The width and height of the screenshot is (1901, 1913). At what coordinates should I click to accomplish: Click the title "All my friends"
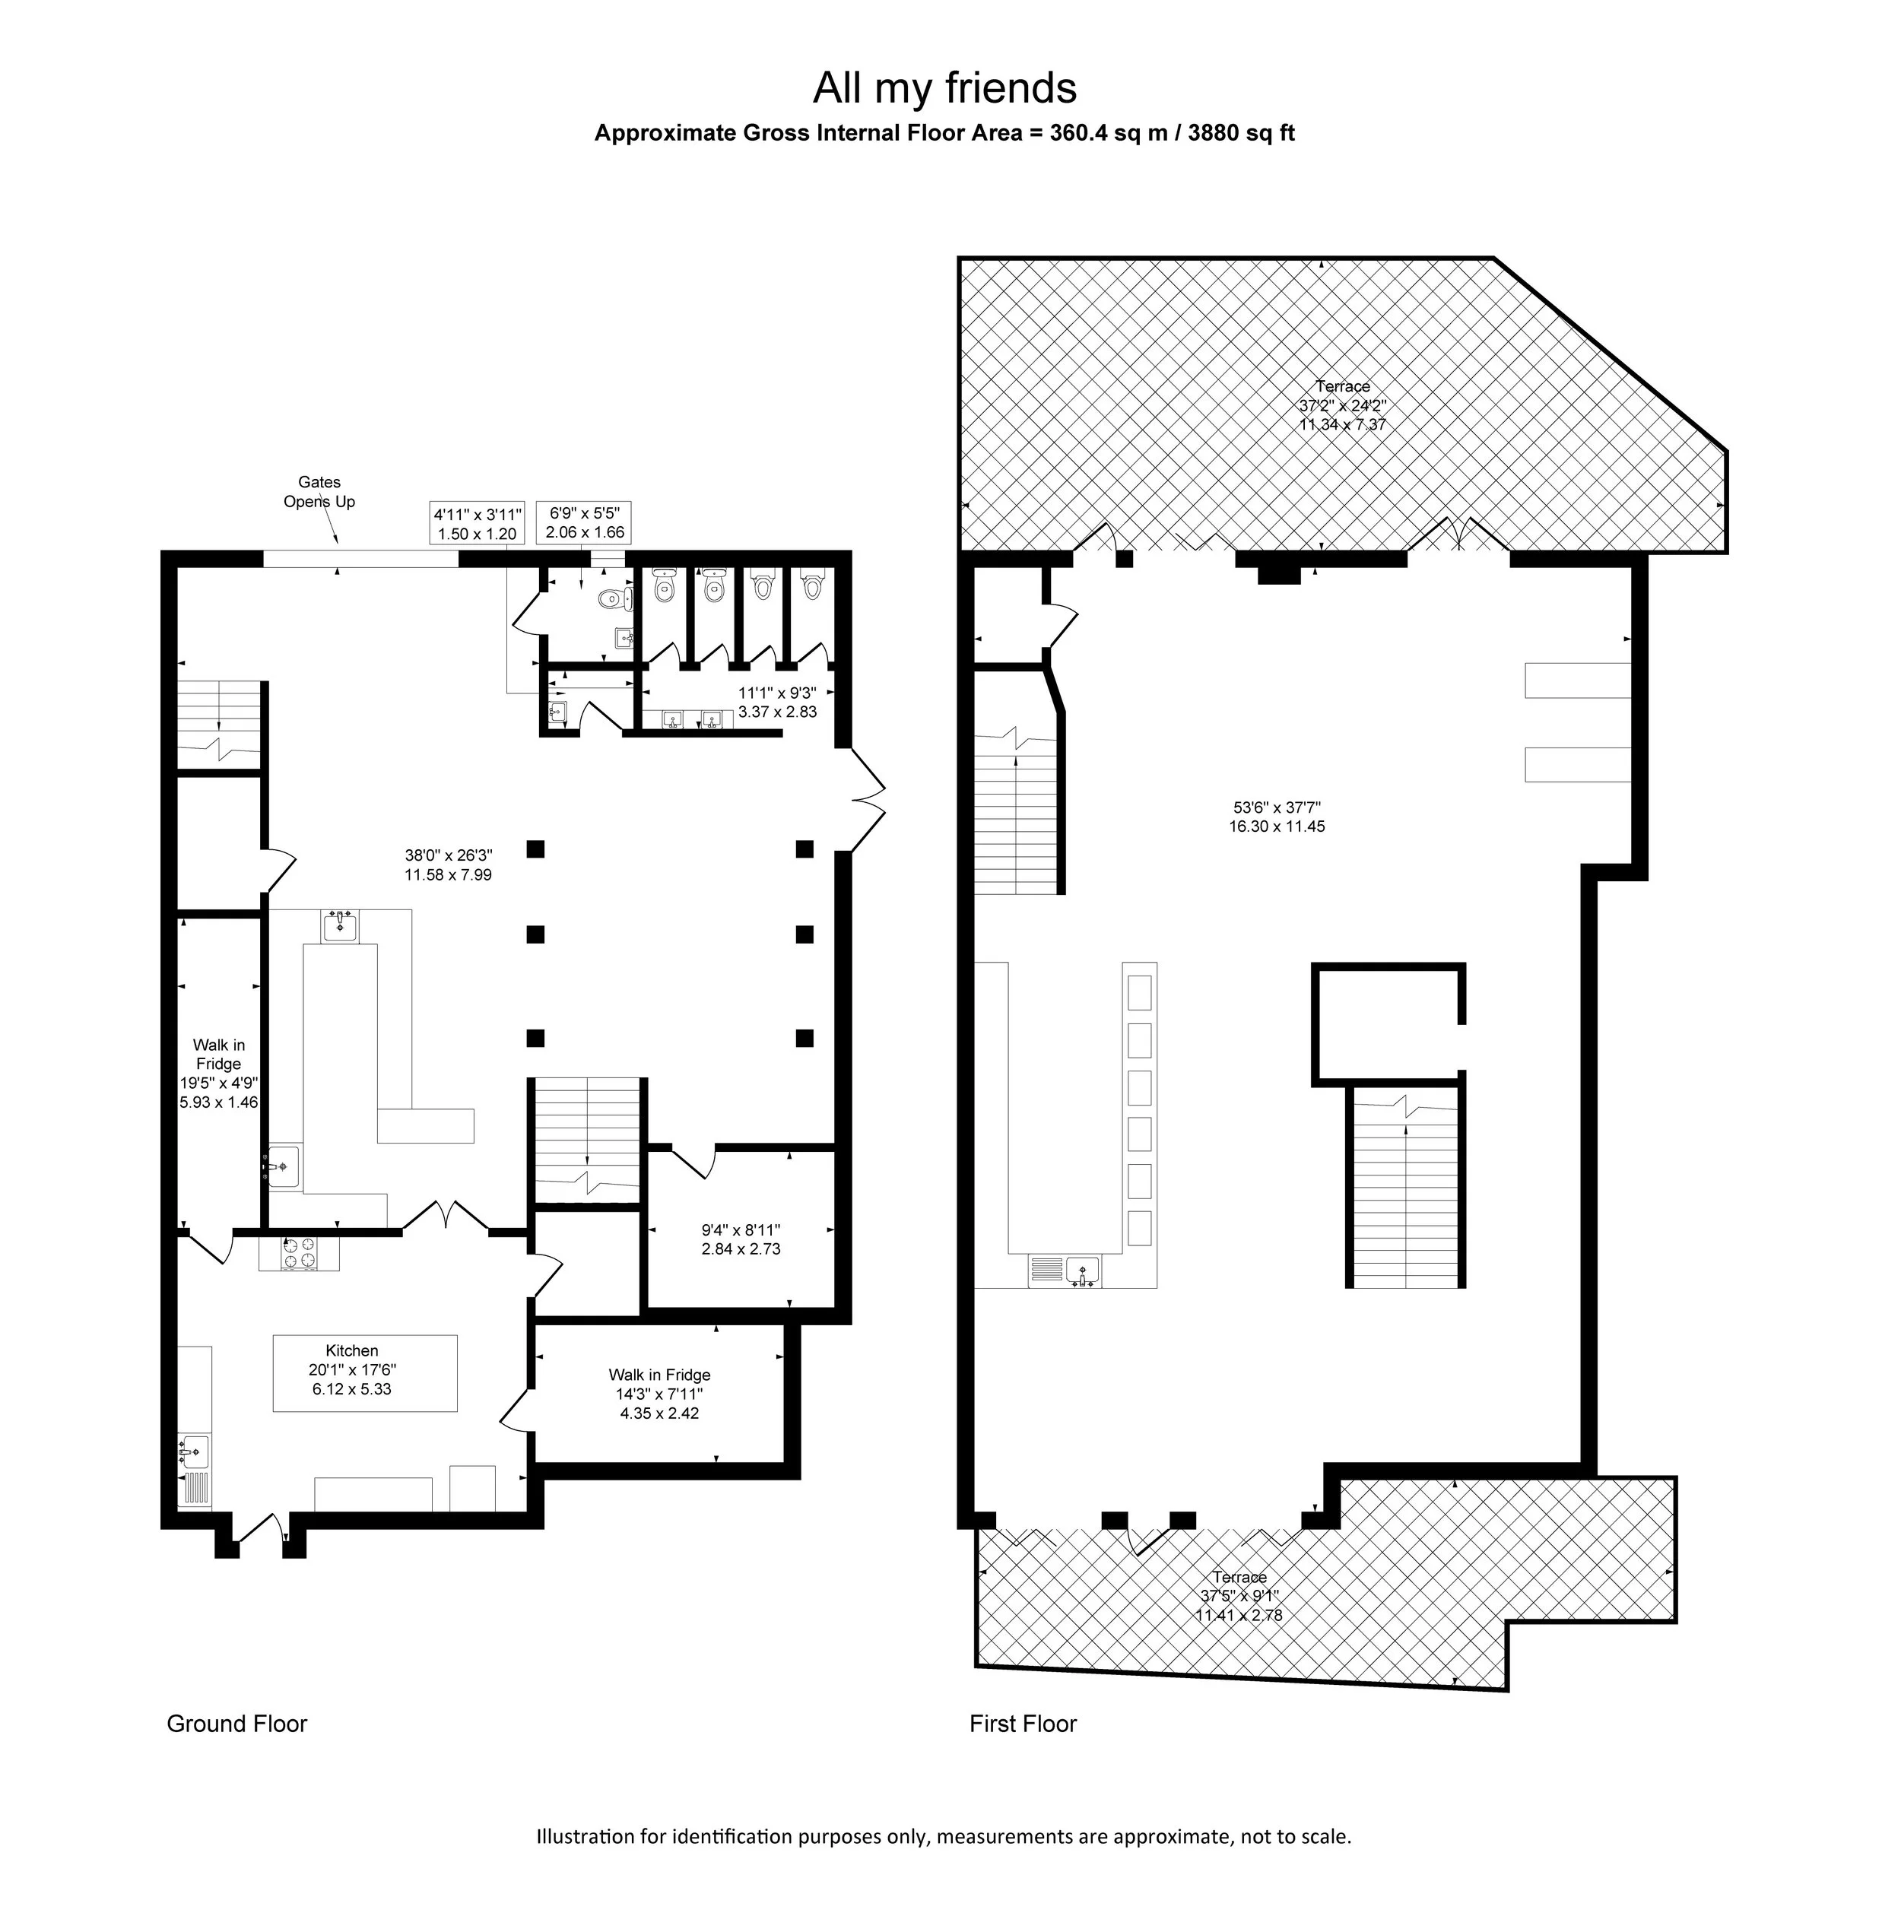[944, 89]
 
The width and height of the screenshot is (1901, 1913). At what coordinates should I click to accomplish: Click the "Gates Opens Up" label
[319, 492]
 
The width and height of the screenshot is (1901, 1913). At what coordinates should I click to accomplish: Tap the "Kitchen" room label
[351, 1350]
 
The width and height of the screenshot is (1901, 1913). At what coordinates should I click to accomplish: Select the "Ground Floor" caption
[236, 1724]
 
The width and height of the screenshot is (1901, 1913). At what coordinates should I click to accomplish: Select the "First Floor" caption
[1023, 1724]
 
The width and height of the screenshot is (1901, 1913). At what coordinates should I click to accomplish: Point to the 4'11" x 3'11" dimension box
[478, 524]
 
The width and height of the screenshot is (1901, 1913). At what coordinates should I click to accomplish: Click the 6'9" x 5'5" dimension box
[584, 522]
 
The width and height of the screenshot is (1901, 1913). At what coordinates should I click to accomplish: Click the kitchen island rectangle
[365, 1373]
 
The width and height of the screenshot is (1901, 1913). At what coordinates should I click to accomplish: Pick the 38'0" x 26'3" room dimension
[449, 864]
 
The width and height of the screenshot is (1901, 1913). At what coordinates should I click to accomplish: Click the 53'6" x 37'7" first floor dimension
[1277, 816]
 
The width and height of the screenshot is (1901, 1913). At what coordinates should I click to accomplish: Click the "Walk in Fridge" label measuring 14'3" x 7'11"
[659, 1393]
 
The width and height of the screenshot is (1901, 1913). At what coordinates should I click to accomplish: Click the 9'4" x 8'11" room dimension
[741, 1239]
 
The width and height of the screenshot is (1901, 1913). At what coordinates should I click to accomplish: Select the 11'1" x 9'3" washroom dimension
[777, 702]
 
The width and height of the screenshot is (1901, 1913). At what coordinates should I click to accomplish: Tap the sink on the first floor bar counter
[1082, 1271]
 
